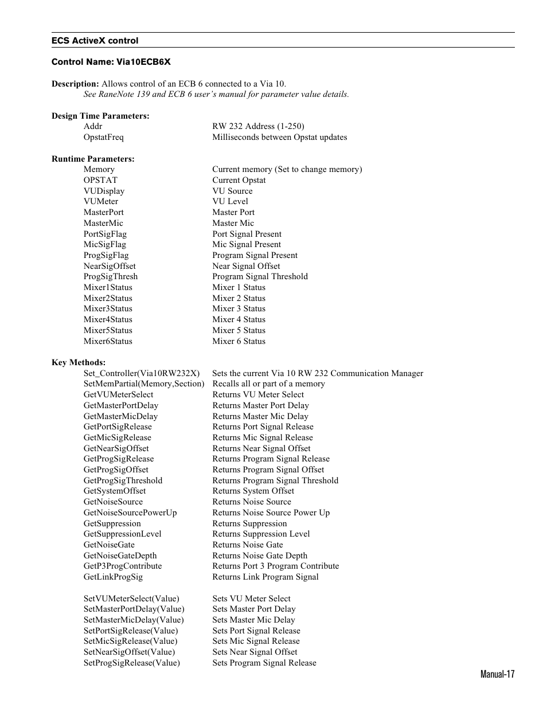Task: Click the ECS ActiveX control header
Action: [95, 41]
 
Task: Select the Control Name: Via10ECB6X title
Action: [111, 62]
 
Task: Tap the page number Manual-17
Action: [497, 674]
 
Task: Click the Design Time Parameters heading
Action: [100, 116]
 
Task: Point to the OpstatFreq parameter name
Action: [103, 137]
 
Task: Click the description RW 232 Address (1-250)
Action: [258, 126]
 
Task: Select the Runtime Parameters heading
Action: [93, 159]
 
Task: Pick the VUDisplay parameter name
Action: [104, 191]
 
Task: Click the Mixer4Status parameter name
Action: [108, 319]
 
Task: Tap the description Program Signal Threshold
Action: [260, 276]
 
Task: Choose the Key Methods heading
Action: [79, 362]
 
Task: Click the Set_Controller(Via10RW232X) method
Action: [142, 373]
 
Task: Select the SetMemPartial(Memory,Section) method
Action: [143, 384]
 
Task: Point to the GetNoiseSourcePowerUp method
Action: [130, 513]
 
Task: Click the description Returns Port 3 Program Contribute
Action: [275, 566]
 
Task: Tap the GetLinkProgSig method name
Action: [113, 577]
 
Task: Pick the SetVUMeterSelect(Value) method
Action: [131, 599]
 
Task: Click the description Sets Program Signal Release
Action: [264, 663]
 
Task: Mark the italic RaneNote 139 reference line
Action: [216, 94]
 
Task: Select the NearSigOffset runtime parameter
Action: [110, 266]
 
